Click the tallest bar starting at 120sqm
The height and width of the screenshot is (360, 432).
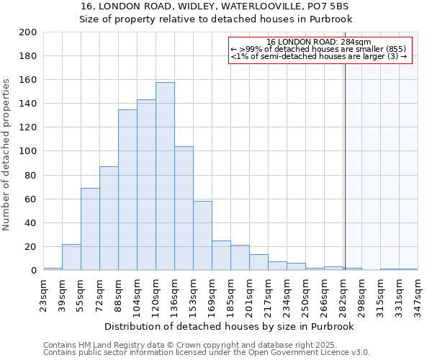165,176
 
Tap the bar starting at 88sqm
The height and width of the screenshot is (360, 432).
127,190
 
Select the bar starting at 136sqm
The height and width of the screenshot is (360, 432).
184,208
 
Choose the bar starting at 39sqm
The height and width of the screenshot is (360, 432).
71,257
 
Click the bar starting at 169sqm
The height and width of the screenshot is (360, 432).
221,256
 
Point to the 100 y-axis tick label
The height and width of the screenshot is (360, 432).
28,151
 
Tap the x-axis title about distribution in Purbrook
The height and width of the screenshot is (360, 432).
230,326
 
